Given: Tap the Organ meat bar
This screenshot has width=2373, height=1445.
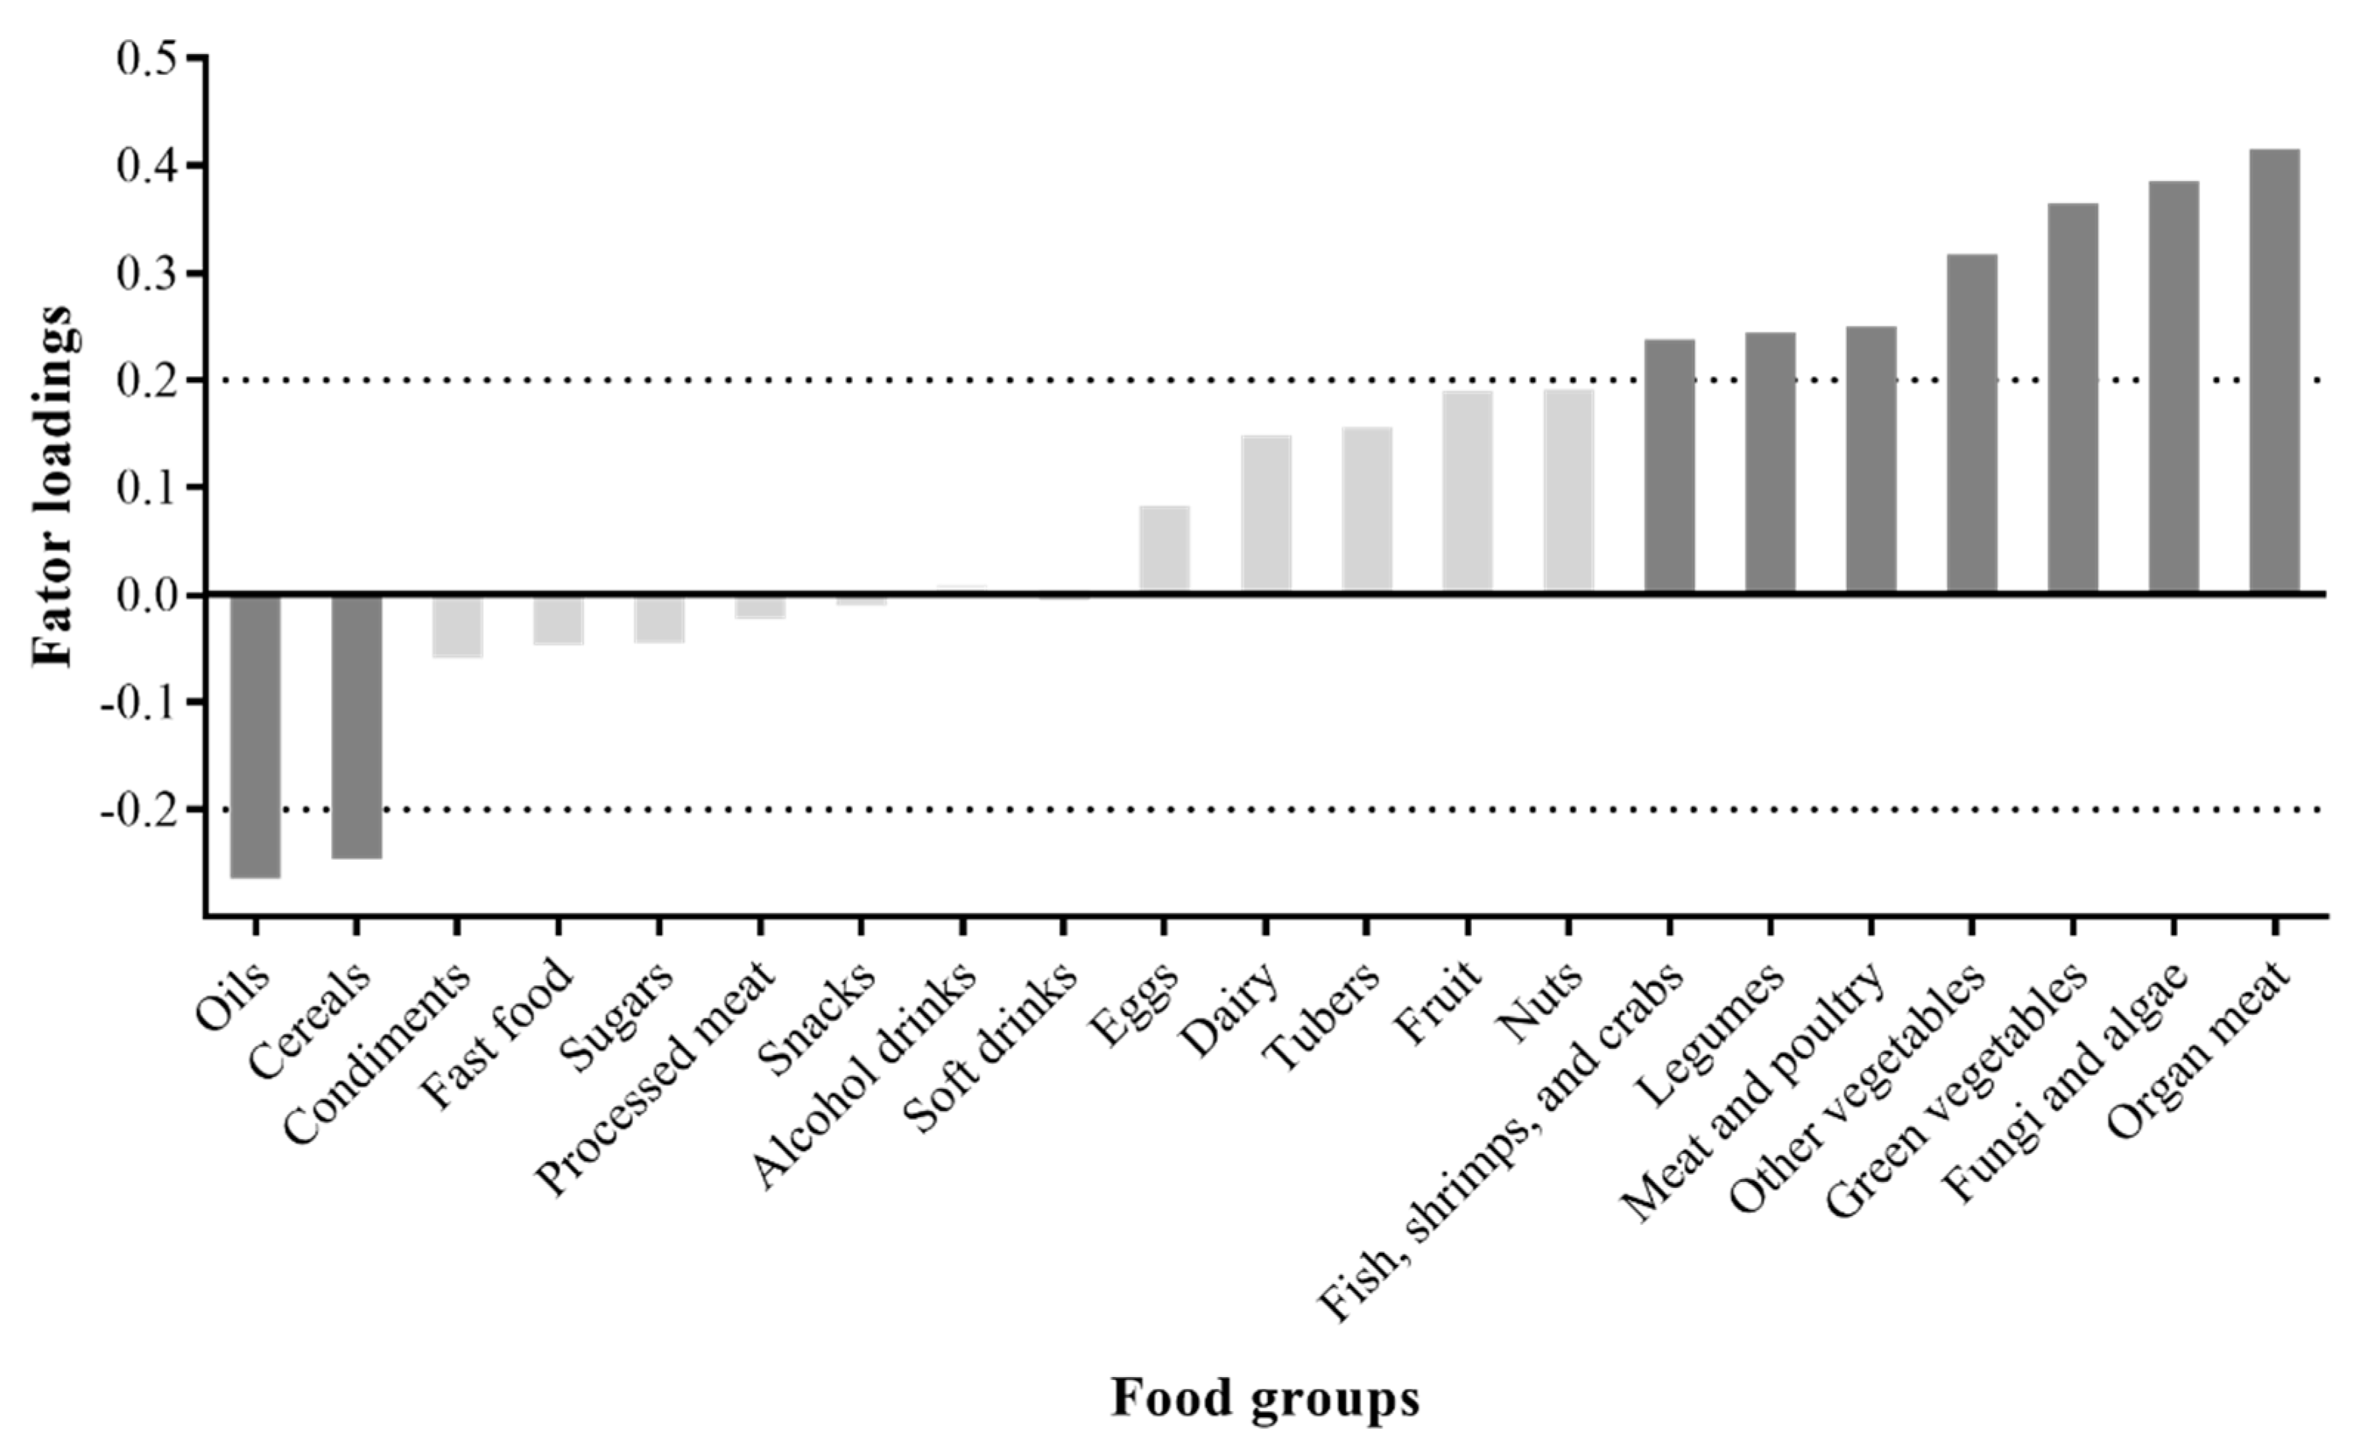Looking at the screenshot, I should coord(2274,371).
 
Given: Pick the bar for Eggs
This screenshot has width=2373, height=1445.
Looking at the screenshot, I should coord(1165,549).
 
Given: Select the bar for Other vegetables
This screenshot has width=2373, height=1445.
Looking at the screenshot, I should coord(1971,424).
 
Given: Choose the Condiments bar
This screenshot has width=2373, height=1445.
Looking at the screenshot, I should coord(457,626).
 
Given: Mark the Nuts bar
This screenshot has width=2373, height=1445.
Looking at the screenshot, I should coord(1568,491).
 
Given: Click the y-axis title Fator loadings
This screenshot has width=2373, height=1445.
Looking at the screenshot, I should coord(53,487).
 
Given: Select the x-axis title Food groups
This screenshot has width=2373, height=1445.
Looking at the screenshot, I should coord(1264,1398).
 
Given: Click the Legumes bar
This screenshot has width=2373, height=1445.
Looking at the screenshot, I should coord(1770,462).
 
